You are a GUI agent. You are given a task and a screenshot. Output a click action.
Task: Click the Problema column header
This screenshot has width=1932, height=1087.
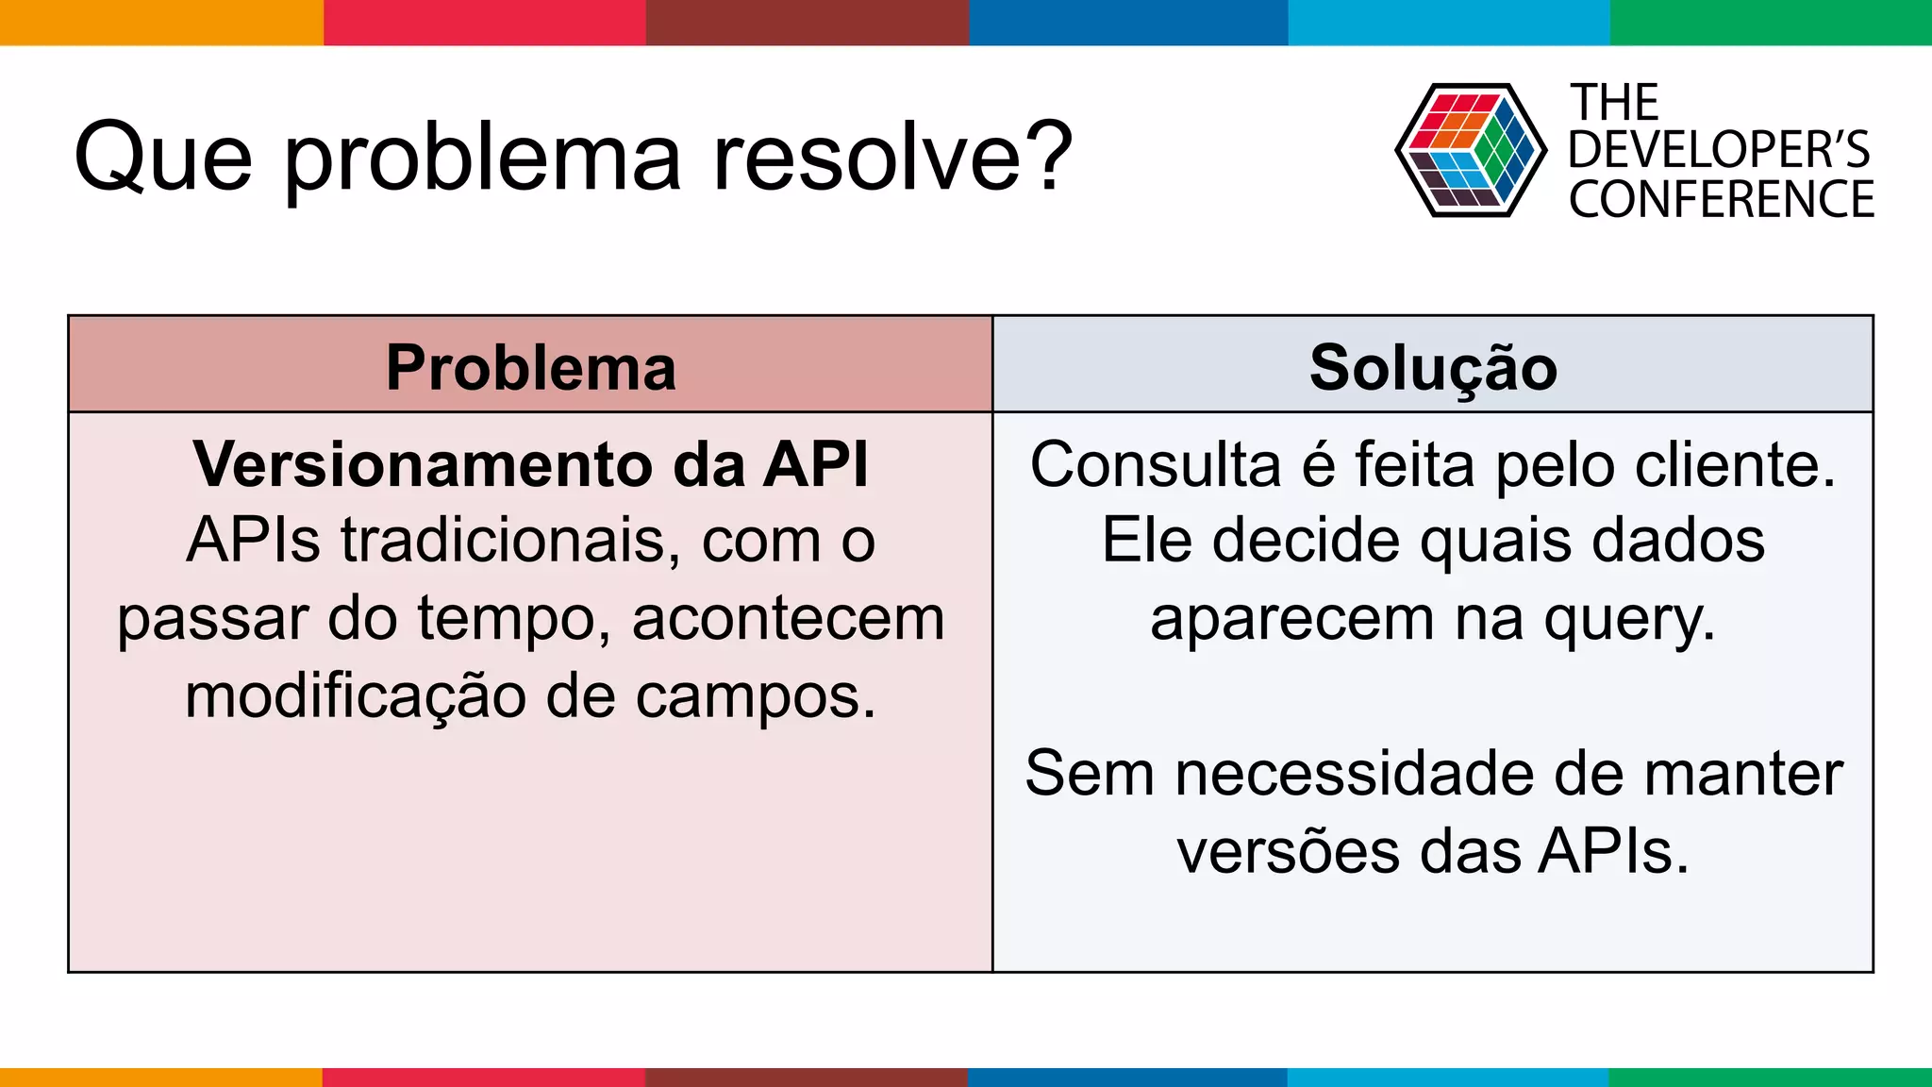(x=531, y=367)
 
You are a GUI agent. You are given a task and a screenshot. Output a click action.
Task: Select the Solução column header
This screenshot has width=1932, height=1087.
(x=1433, y=367)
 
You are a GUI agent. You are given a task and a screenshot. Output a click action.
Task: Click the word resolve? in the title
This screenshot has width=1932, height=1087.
(x=892, y=157)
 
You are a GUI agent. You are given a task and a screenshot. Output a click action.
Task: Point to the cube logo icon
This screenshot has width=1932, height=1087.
(x=1470, y=150)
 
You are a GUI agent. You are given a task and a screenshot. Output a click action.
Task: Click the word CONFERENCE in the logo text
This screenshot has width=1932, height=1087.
(x=1721, y=200)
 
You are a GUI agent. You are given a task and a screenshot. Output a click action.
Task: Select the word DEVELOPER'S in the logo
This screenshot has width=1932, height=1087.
(x=1719, y=150)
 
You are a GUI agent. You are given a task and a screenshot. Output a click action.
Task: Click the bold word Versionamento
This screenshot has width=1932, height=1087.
(x=422, y=464)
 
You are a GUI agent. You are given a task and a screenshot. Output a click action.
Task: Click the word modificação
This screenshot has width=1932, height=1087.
(x=355, y=697)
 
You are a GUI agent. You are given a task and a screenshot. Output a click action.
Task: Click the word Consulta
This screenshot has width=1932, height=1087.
(x=1155, y=464)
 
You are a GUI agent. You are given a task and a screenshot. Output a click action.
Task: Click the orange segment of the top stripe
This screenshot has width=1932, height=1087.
(x=161, y=22)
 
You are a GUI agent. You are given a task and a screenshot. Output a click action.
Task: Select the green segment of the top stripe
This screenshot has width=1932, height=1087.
(x=1771, y=22)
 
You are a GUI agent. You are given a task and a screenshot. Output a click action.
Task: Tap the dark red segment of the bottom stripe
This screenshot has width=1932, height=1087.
(x=806, y=1077)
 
